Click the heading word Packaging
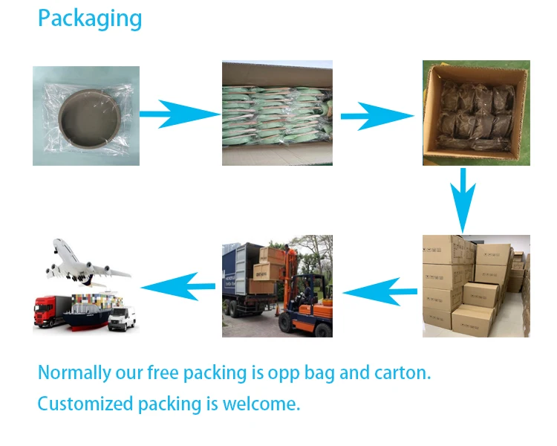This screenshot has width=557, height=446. click(89, 19)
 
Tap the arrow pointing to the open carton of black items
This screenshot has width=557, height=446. click(376, 116)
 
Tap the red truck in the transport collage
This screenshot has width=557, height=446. click(51, 311)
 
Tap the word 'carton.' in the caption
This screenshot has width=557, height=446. click(404, 372)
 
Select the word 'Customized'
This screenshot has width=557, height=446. click(85, 404)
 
